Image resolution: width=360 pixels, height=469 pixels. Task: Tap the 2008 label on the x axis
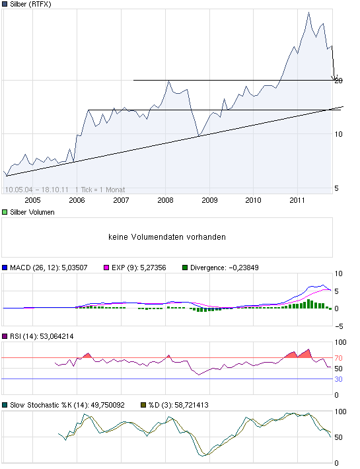point(165,199)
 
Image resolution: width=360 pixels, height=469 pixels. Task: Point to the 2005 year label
point(32,199)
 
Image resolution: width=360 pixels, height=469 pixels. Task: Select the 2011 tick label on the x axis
point(298,199)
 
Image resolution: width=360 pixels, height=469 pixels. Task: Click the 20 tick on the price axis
point(340,81)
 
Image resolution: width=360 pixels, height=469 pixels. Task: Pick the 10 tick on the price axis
point(340,134)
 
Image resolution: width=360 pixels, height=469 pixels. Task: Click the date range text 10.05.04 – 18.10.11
point(36,189)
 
